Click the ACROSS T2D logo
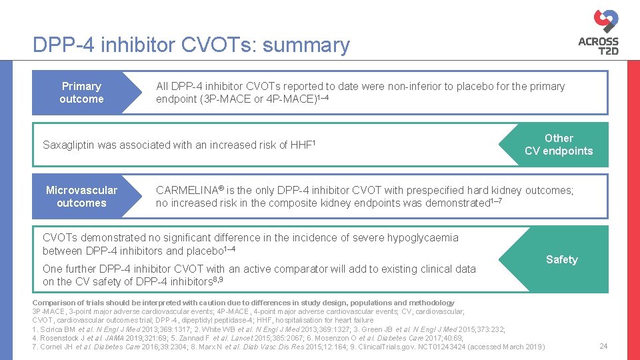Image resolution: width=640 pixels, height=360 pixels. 598,31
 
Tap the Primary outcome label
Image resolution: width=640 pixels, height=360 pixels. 81,93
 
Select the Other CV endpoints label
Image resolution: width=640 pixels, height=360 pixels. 559,145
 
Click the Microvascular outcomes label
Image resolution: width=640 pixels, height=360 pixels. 81,197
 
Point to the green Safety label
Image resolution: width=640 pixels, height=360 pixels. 561,259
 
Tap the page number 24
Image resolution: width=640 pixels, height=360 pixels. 604,346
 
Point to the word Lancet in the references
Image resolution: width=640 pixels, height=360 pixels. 245,338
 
